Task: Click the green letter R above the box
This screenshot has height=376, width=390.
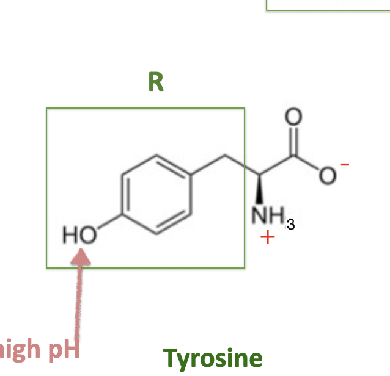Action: point(156,82)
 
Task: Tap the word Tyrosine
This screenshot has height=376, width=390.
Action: point(213,358)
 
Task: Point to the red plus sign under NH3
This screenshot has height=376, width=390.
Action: point(265,236)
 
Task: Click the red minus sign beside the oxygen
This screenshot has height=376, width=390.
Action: point(345,164)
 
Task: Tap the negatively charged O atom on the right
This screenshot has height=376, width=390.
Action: point(328,176)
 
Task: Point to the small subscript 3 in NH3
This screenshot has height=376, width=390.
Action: point(290,226)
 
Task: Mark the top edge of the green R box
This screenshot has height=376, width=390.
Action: point(145,109)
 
